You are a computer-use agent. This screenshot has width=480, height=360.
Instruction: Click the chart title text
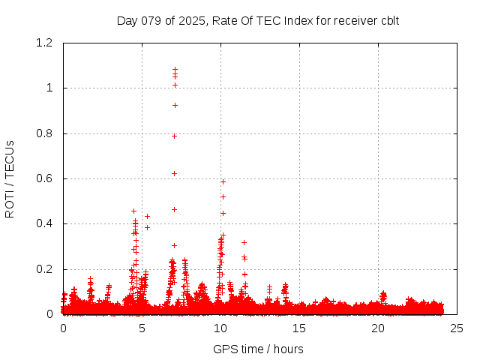point(258,20)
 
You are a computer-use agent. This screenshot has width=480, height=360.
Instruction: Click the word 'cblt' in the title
point(388,20)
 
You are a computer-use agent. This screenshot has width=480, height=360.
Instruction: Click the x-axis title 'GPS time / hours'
point(258,349)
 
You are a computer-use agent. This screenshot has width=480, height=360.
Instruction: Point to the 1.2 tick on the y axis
point(46,43)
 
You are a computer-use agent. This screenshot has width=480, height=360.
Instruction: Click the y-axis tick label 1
point(50,88)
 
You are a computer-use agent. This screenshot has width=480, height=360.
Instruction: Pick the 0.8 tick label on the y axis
point(46,133)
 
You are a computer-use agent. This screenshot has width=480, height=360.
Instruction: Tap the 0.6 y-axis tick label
point(46,178)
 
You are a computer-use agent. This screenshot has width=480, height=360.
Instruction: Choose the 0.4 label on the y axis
point(46,224)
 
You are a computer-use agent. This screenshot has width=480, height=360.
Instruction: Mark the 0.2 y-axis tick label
point(46,269)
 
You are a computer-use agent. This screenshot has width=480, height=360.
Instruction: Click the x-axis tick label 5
point(142,328)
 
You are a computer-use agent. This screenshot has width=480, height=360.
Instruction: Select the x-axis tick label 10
point(220,328)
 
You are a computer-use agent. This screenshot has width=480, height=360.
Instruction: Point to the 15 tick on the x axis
point(299,328)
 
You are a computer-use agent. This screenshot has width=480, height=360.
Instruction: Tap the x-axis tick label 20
point(378,328)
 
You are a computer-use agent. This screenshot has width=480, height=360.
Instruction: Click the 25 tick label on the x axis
point(457,328)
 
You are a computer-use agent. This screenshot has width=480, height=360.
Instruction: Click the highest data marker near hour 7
point(175,69)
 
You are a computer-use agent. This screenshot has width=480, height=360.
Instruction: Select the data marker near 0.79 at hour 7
point(174,136)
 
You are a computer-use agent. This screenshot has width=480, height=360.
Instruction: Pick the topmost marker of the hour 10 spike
point(223,181)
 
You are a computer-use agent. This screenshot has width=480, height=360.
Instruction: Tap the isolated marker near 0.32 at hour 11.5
point(244,242)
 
